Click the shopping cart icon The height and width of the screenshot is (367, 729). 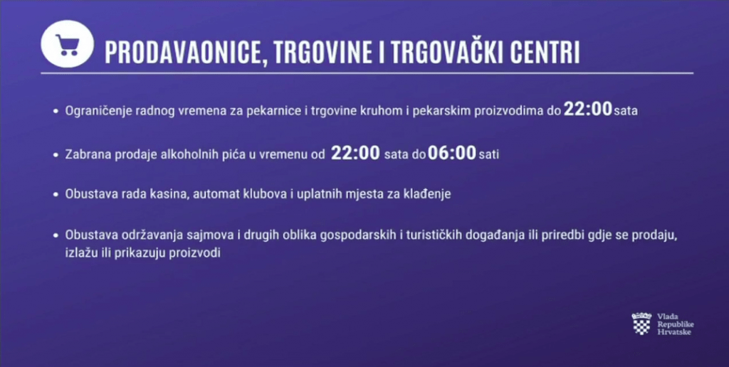(x=68, y=45)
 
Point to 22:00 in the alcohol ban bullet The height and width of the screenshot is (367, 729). (x=355, y=153)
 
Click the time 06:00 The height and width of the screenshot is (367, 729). (x=452, y=153)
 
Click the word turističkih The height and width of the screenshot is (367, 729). (x=435, y=235)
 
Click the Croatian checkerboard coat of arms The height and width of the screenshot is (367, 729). (x=641, y=324)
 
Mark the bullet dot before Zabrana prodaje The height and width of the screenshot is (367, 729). (x=56, y=155)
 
